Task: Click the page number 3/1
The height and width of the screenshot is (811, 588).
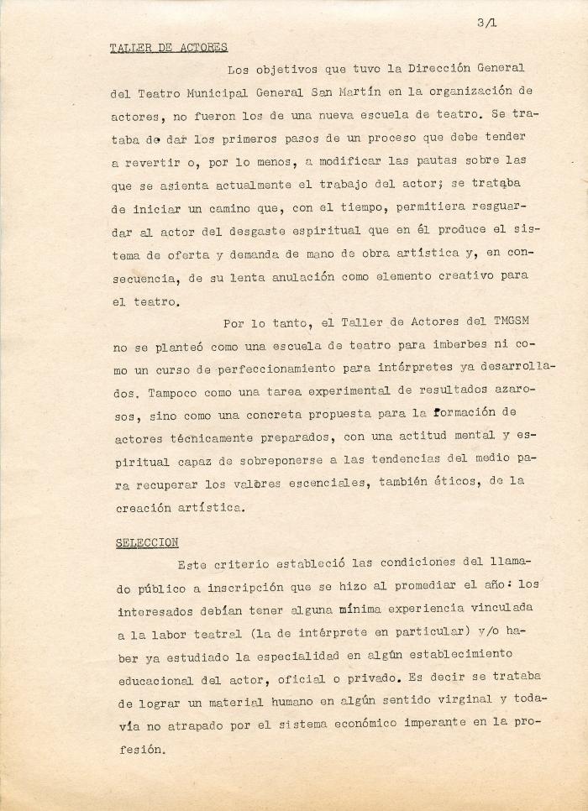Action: tap(486, 24)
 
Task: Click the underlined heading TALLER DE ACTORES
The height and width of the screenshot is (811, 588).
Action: tap(169, 47)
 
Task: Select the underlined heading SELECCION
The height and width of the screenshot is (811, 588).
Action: tap(148, 542)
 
